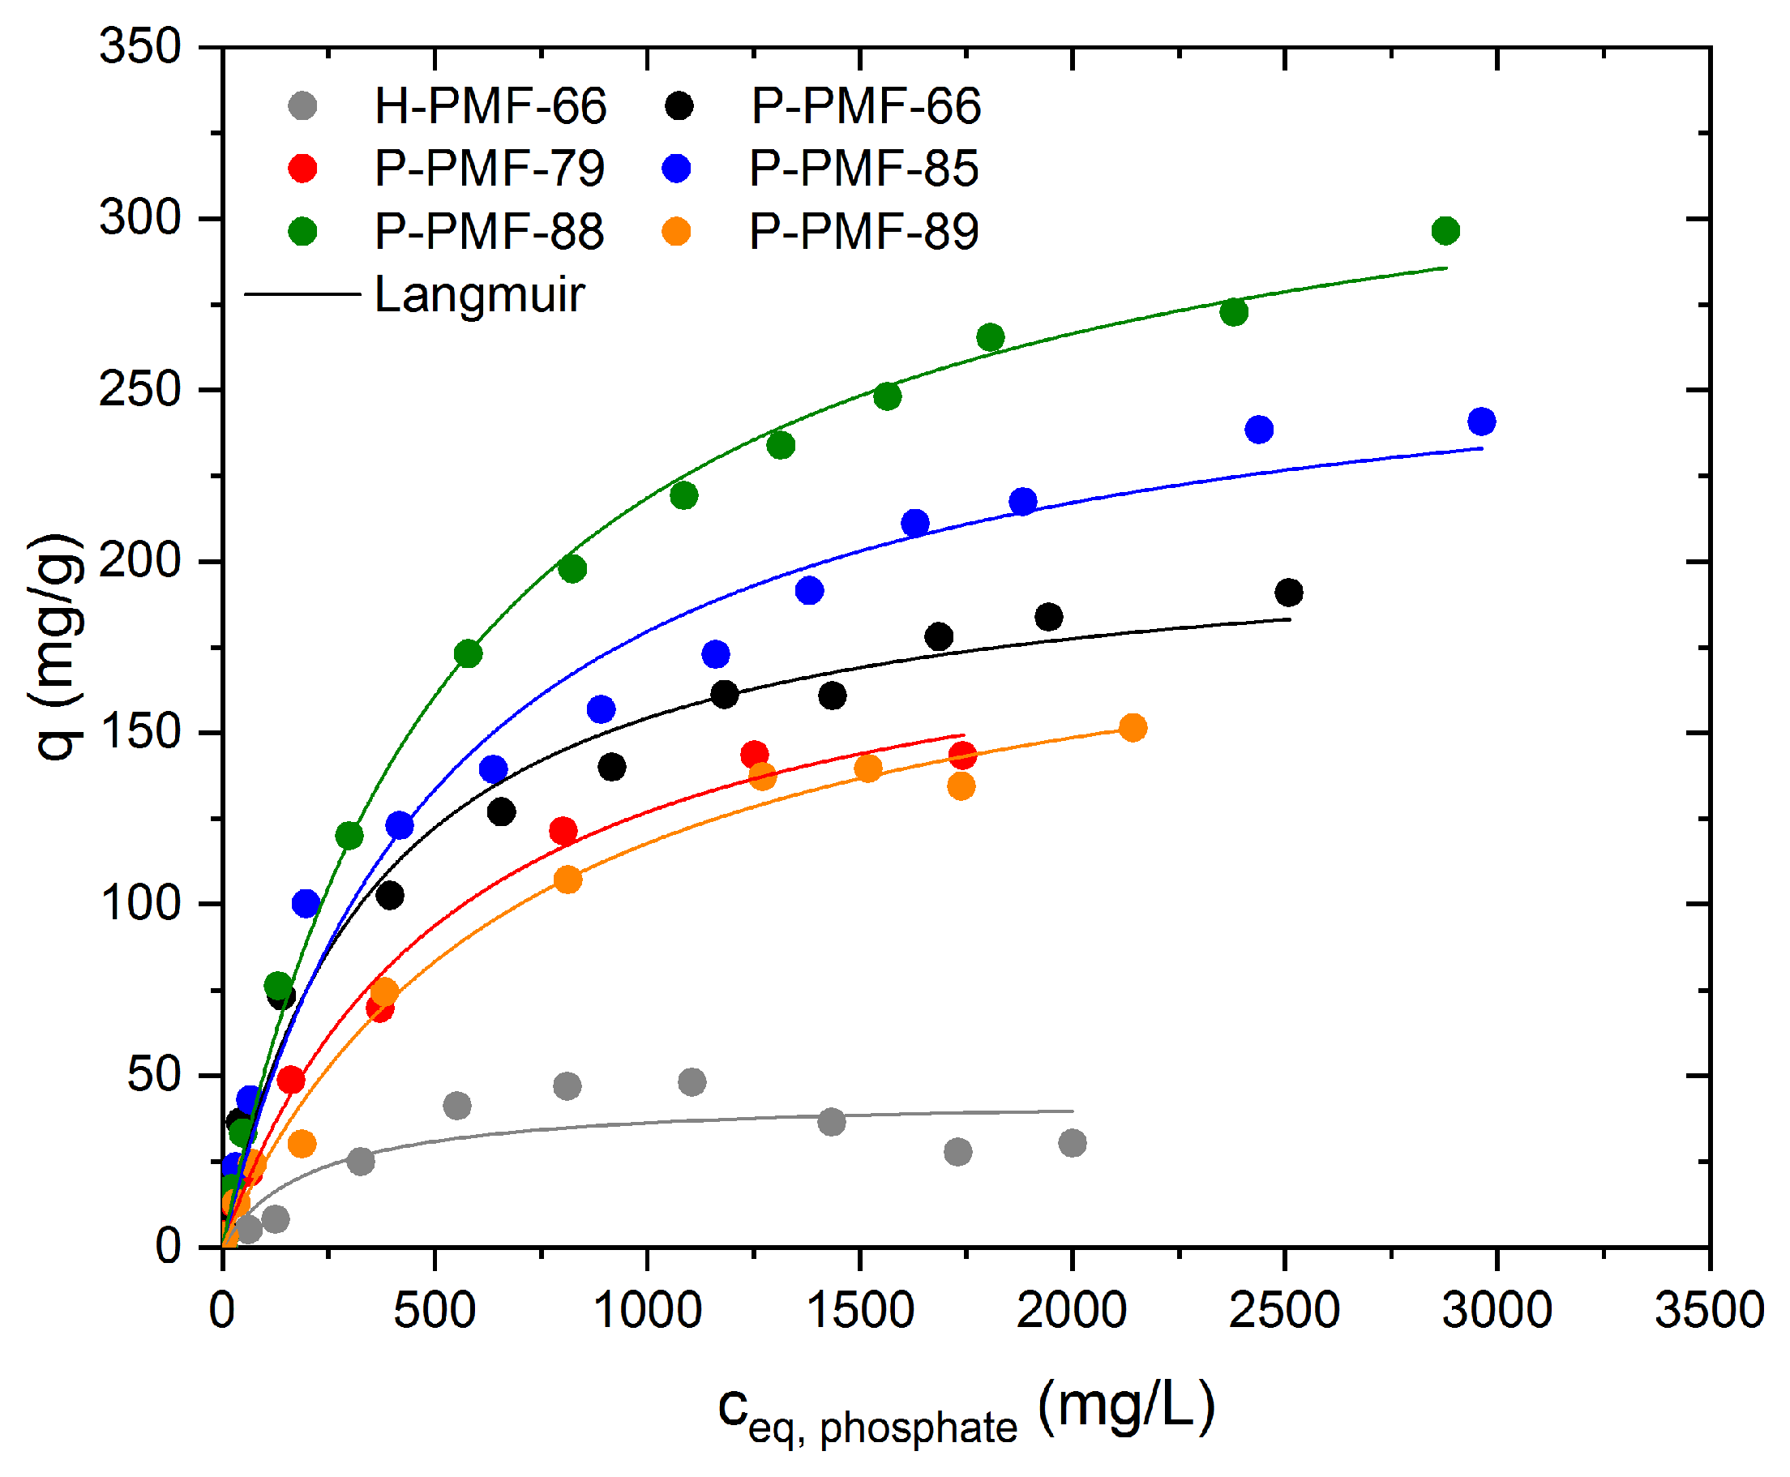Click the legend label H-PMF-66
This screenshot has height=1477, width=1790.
[x=491, y=106]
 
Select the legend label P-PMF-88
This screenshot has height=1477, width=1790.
[x=489, y=231]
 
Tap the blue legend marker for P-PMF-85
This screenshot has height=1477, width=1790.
[x=677, y=169]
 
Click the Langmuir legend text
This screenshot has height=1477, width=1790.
[x=479, y=294]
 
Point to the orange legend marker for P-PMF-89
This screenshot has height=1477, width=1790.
[x=676, y=231]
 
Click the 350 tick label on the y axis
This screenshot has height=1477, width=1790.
[x=140, y=47]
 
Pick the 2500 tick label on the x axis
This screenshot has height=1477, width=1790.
[x=1284, y=1310]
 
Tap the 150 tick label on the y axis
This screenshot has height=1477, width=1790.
[x=140, y=733]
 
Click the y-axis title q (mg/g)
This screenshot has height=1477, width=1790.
[x=58, y=647]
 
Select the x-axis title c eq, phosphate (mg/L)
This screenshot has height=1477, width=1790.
[x=966, y=1411]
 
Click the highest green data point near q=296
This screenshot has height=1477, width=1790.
[x=1445, y=230]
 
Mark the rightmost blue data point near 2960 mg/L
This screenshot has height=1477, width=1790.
[x=1481, y=422]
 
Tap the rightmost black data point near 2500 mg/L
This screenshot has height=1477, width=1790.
[x=1289, y=592]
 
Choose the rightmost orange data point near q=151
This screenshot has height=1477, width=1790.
[x=1133, y=727]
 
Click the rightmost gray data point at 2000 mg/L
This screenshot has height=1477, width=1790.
[x=1072, y=1143]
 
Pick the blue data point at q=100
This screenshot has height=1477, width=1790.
[x=306, y=904]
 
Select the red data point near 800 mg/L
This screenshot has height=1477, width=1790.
[x=563, y=830]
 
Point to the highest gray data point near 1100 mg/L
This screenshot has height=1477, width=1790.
[x=692, y=1082]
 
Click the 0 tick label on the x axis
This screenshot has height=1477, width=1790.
[x=222, y=1310]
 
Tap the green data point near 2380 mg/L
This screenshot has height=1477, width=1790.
[x=1234, y=312]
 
